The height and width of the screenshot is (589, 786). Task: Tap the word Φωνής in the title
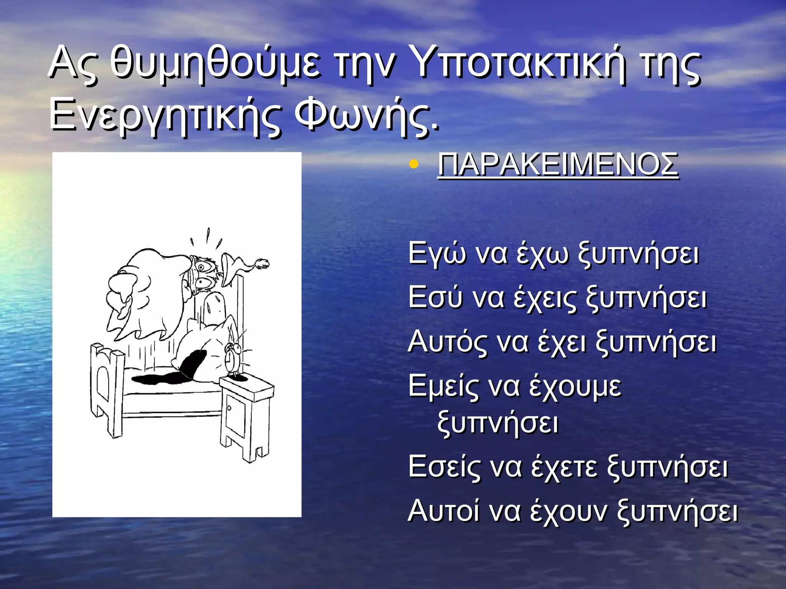365,115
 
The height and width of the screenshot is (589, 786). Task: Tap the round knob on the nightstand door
229,408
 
